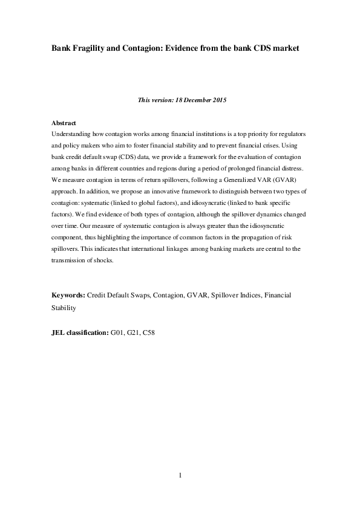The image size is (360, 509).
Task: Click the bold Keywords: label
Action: pyautogui.click(x=68, y=295)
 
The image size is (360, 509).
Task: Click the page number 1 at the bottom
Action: pyautogui.click(x=180, y=475)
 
